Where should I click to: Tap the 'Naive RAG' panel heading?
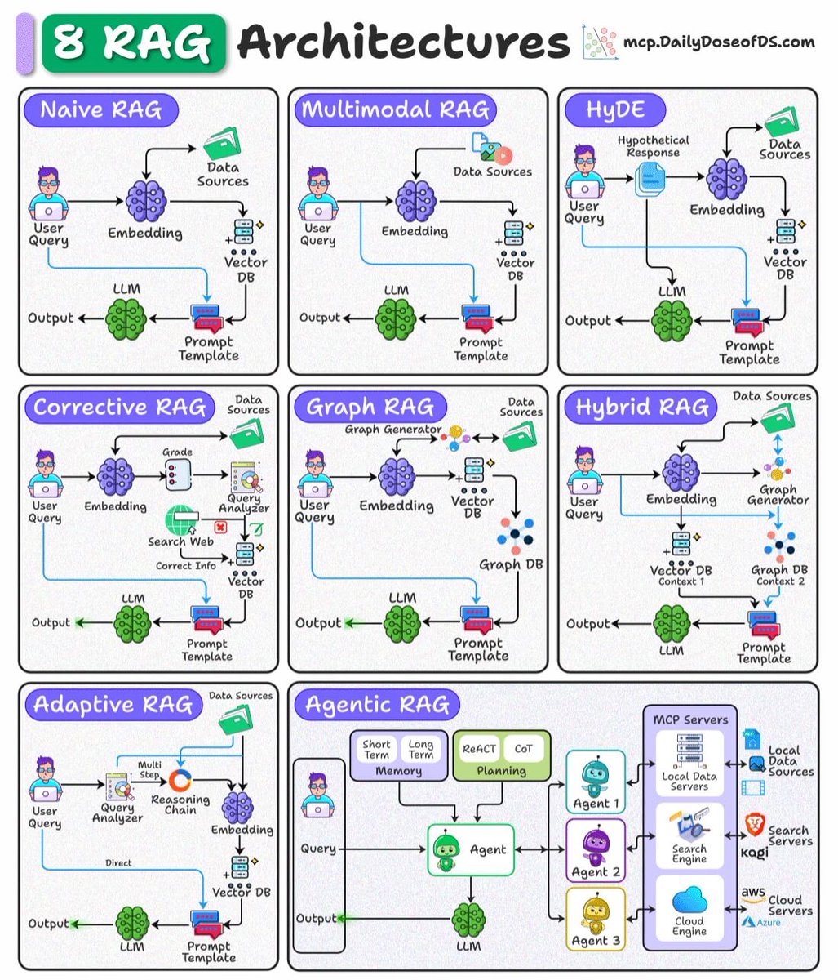click(x=100, y=110)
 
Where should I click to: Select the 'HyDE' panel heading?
click(x=614, y=110)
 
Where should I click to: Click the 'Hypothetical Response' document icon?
click(x=651, y=179)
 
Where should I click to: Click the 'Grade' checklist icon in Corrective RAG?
click(x=177, y=474)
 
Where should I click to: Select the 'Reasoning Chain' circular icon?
click(x=179, y=781)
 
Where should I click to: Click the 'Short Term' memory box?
click(x=376, y=749)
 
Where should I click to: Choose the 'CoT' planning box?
click(x=523, y=748)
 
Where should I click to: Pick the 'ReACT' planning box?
click(x=479, y=748)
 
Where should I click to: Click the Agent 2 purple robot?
click(x=594, y=845)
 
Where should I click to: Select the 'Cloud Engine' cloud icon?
click(x=689, y=902)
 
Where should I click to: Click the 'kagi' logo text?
click(x=755, y=853)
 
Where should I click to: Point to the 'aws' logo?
click(x=753, y=894)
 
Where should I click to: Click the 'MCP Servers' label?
click(x=690, y=719)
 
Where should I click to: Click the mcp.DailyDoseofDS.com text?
click(x=718, y=42)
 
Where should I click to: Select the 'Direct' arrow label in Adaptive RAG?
click(x=118, y=862)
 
